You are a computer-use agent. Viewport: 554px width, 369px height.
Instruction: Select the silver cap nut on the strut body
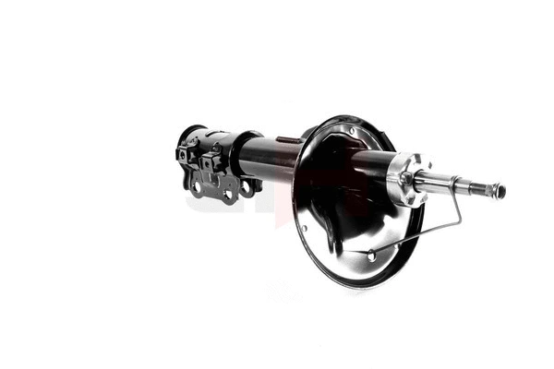point(403,179)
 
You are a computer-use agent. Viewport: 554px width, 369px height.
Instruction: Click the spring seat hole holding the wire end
point(370,253)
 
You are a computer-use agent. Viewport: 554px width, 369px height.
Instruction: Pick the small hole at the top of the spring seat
point(352,131)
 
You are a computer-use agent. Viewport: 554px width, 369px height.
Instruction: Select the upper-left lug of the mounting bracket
point(183,153)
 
